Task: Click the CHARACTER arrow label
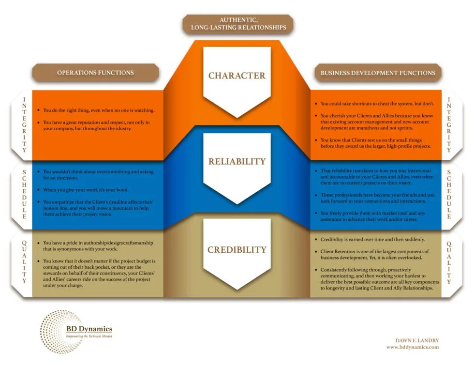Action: pyautogui.click(x=237, y=76)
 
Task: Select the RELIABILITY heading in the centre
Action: pyautogui.click(x=237, y=161)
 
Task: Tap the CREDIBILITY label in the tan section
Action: pyautogui.click(x=237, y=250)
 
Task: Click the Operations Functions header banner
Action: pyautogui.click(x=95, y=73)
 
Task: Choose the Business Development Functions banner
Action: pyautogui.click(x=378, y=73)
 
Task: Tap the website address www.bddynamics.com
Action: pyautogui.click(x=412, y=347)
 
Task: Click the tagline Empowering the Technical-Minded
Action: pyautogui.click(x=89, y=336)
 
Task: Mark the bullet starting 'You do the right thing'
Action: pyautogui.click(x=99, y=110)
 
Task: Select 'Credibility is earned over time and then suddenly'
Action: pyautogui.click(x=372, y=240)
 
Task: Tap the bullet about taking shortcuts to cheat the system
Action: pyautogui.click(x=377, y=104)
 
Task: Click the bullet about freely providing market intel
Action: pyautogui.click(x=377, y=216)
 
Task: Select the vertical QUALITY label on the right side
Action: pyautogui.click(x=448, y=262)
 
